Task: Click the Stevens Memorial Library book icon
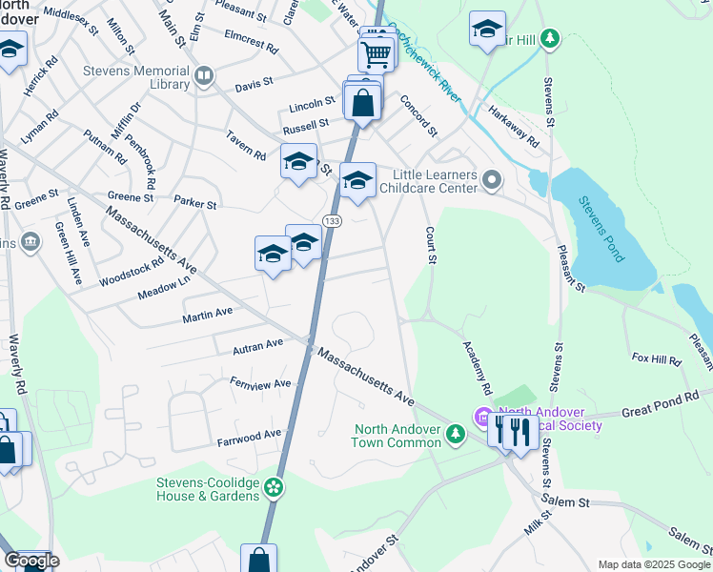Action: pos(203,76)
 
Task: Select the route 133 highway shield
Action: pos(331,221)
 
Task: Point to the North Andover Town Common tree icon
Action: pos(456,435)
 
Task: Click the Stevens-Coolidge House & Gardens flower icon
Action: pos(274,487)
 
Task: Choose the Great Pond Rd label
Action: pos(661,401)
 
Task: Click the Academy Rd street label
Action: pos(477,368)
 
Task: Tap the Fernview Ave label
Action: pos(260,383)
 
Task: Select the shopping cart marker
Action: pos(377,54)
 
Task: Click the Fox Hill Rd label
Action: pos(656,359)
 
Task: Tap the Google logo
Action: pos(31,561)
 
